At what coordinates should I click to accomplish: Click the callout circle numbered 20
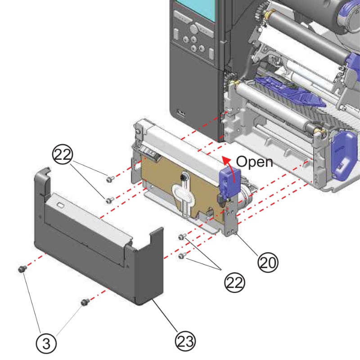tap(268, 261)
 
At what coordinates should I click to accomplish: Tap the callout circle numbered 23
tap(186, 342)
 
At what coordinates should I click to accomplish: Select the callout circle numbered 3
tap(48, 344)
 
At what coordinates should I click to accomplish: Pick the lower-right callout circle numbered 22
tap(234, 282)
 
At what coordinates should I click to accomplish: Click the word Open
tap(255, 162)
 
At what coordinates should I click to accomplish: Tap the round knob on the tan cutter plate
tap(184, 176)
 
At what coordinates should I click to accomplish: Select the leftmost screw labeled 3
tap(21, 269)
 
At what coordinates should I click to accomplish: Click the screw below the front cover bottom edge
tap(83, 302)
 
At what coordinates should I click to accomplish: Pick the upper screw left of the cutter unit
tap(109, 179)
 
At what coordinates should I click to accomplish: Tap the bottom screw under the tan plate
tap(182, 256)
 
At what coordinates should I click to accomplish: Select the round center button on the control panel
tap(194, 29)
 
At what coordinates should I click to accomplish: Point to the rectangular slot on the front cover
tap(59, 205)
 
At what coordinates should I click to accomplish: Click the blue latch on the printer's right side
tap(342, 153)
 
